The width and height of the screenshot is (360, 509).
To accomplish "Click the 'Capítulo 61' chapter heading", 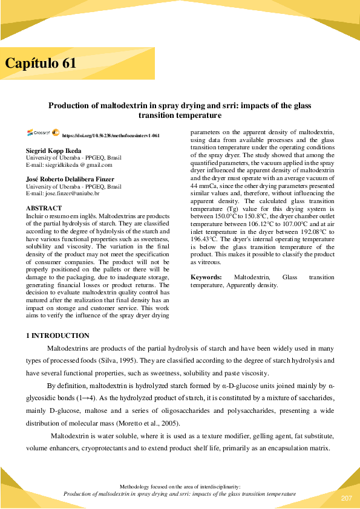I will [41, 63].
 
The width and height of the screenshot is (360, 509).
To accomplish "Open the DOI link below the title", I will [111, 136].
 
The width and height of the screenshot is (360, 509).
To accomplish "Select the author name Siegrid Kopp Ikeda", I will [53, 150].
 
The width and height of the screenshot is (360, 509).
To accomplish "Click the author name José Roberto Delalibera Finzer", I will [69, 179].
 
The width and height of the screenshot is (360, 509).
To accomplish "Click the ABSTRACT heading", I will [44, 208].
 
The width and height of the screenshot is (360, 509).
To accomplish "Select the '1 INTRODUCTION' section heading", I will [57, 336].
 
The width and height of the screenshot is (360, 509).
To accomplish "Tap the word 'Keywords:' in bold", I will [206, 277].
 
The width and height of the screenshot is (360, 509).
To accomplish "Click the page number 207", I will [346, 498].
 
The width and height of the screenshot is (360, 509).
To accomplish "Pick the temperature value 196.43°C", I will [205, 239].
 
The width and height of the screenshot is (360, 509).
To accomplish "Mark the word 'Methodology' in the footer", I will [137, 486].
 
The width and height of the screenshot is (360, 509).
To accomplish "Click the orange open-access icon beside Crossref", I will [55, 132].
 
